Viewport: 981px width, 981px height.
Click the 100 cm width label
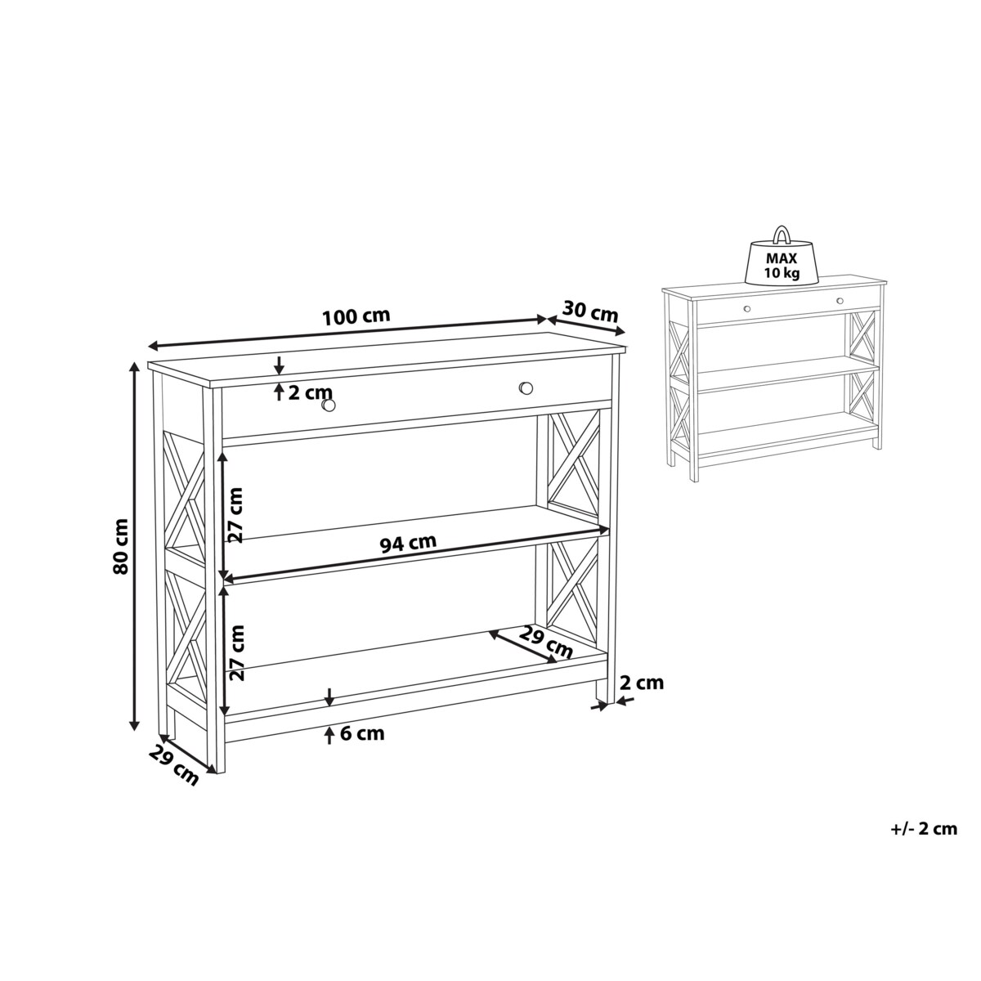click(356, 316)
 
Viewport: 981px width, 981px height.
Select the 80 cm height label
click(121, 547)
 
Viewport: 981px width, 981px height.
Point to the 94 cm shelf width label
click(408, 543)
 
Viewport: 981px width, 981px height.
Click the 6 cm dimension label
click(362, 733)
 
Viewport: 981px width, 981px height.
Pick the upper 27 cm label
click(235, 515)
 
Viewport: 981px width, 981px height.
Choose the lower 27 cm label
click(237, 653)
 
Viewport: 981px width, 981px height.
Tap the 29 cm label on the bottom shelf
click(545, 643)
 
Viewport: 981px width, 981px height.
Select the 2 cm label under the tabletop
click(310, 392)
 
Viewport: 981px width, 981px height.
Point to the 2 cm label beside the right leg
click(642, 683)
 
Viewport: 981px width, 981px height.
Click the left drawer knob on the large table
click(329, 405)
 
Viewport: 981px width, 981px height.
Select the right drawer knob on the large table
click(526, 388)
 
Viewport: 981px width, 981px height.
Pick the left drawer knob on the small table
click(747, 308)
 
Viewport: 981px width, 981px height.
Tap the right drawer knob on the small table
click(840, 301)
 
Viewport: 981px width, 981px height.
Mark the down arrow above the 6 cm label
click(329, 697)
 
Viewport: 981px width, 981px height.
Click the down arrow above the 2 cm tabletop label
click(279, 365)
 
